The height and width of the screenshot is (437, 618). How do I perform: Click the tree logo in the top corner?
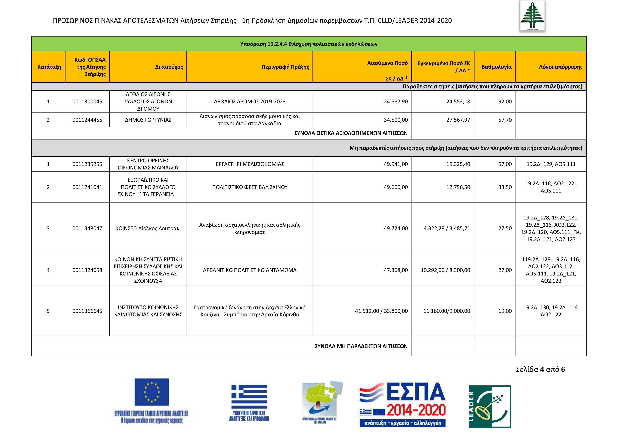pos(532,16)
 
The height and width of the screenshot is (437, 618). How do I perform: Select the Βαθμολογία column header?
pos(496,67)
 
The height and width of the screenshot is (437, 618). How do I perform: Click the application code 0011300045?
pos(87,101)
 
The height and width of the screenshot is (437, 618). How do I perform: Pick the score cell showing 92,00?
pos(505,101)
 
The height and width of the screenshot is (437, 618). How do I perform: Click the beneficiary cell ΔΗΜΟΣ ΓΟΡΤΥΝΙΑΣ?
pos(148,120)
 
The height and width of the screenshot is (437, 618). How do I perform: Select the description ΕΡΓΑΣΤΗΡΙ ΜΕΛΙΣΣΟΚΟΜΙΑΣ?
pos(250,164)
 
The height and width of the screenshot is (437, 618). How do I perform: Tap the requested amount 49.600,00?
pos(396,187)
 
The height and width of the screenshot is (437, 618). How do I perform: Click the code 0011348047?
pos(87,228)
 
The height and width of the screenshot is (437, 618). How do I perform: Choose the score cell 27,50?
pos(505,228)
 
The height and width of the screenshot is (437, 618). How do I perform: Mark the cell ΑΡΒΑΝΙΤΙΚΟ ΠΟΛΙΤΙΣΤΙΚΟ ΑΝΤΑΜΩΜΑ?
pos(250,270)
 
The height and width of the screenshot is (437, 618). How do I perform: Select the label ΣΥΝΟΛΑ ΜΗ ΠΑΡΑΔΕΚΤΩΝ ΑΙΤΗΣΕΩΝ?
pos(361,346)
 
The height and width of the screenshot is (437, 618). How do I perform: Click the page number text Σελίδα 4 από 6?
pos(540,369)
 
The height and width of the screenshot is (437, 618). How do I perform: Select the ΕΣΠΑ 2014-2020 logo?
pos(402,404)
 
